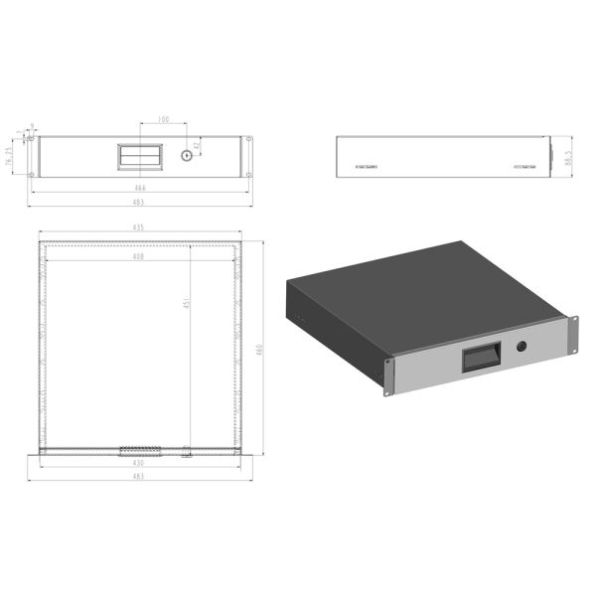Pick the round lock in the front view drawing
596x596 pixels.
click(185, 156)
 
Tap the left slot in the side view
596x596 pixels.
click(366, 168)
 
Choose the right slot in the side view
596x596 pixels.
click(523, 168)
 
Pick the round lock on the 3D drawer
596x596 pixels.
click(522, 347)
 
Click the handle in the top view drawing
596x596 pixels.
click(140, 450)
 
